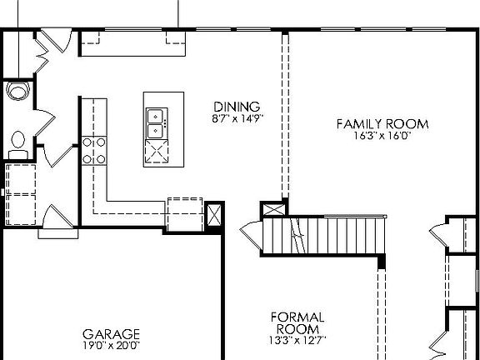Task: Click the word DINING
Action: click(x=237, y=107)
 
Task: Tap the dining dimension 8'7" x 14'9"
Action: click(x=237, y=118)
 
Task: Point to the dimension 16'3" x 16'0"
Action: click(x=382, y=136)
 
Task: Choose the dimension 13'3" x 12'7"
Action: click(x=297, y=339)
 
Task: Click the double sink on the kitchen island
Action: click(x=156, y=122)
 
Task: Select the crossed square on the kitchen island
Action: click(x=156, y=151)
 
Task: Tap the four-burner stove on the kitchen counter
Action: click(x=94, y=150)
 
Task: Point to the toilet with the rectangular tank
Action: click(x=17, y=144)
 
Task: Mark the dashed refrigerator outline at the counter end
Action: click(x=185, y=213)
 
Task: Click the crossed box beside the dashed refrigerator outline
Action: click(x=213, y=214)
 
